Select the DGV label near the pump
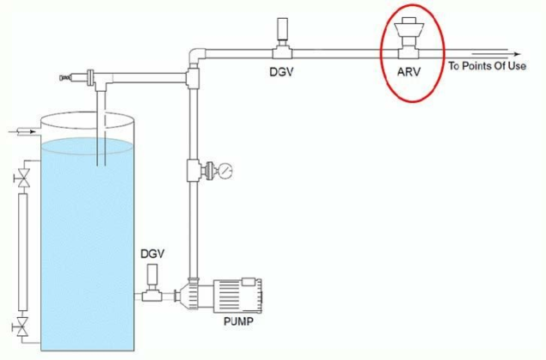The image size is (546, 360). [x=153, y=255]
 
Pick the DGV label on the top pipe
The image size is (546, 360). [x=281, y=72]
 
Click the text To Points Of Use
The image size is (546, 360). [x=487, y=66]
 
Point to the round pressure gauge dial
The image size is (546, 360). [x=225, y=170]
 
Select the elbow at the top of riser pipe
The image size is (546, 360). [x=194, y=53]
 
